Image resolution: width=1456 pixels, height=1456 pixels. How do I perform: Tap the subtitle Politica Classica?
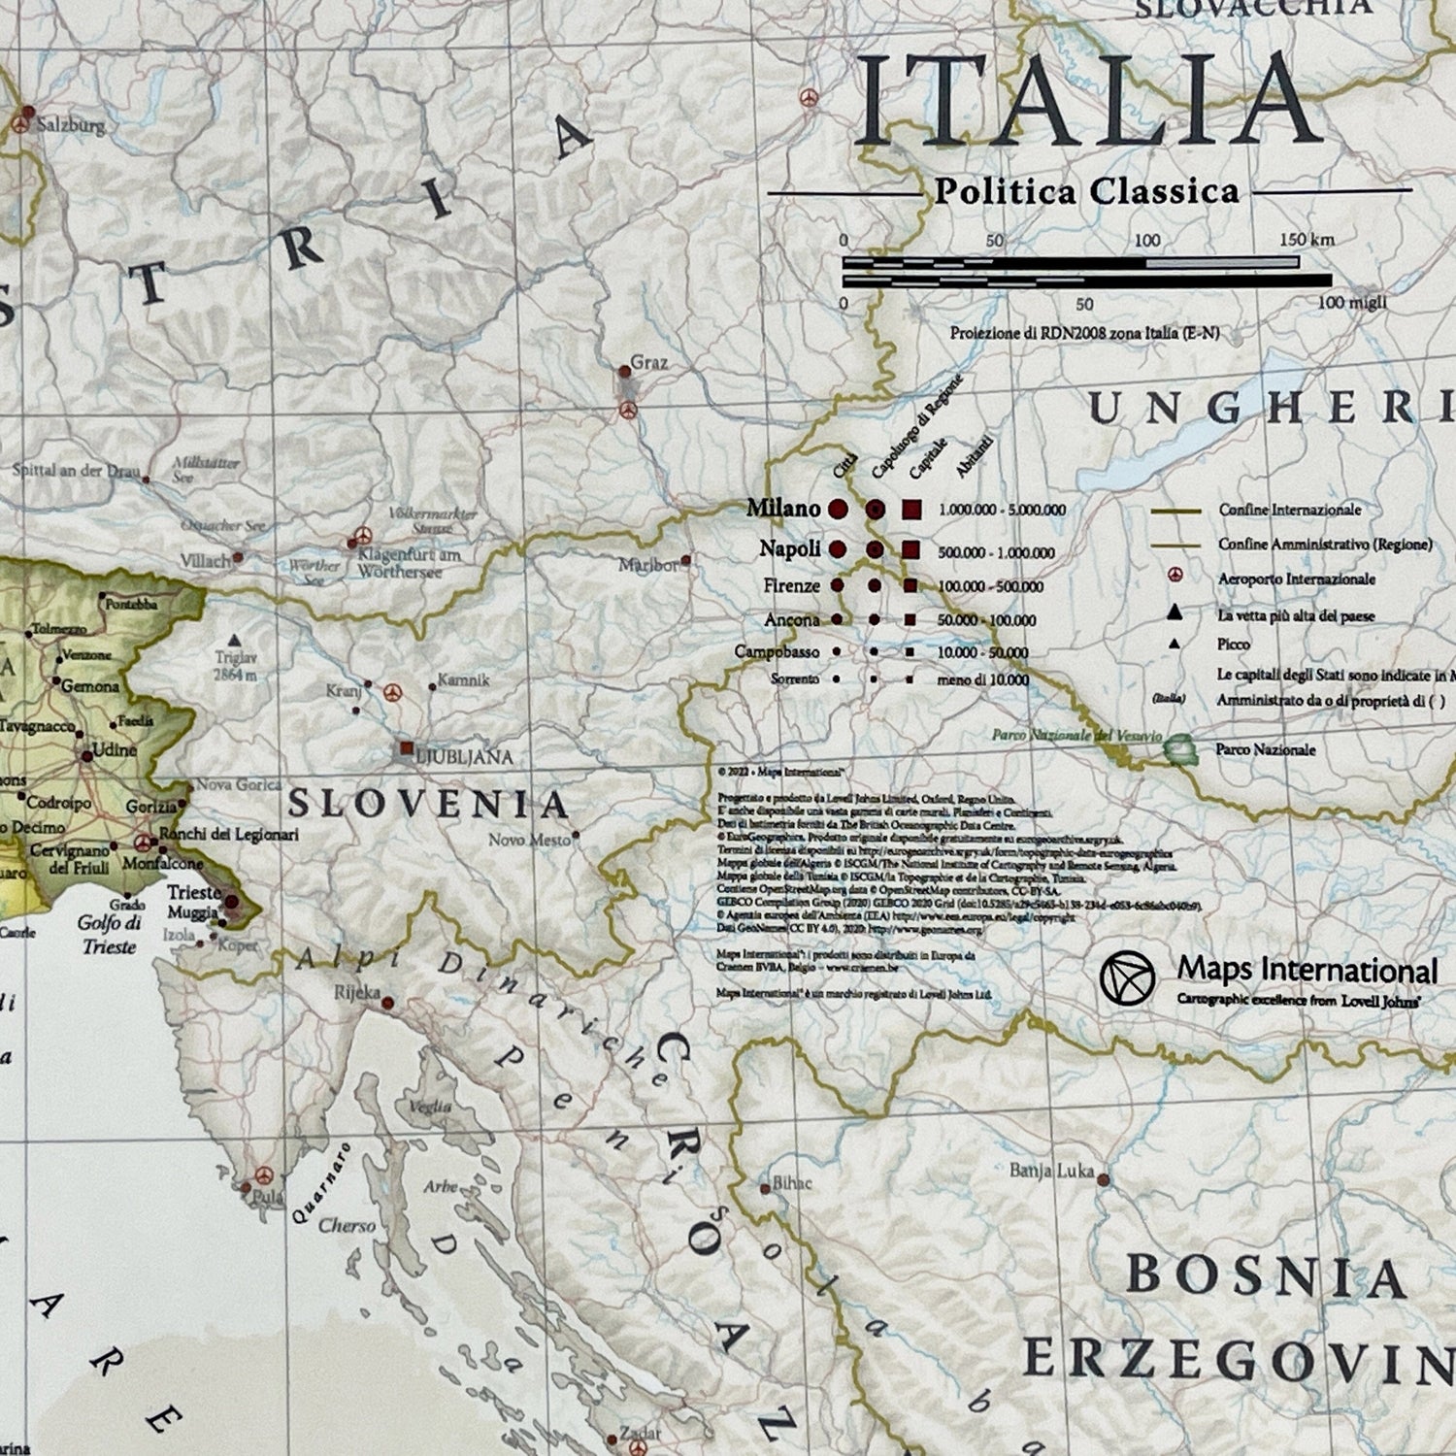coord(1086,191)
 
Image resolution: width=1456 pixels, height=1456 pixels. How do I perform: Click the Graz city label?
coord(648,362)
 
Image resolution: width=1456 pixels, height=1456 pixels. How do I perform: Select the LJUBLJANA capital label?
coord(464,756)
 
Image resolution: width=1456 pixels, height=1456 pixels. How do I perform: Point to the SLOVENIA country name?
coord(428,804)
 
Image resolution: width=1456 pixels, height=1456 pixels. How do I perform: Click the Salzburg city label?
coord(70,125)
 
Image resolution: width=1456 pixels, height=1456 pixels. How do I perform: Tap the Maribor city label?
coord(648,564)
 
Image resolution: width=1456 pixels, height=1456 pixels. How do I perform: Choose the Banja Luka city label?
coord(1051,1171)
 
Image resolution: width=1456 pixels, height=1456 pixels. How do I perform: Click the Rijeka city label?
coord(356,992)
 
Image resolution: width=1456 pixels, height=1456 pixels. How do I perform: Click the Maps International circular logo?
coord(1127,977)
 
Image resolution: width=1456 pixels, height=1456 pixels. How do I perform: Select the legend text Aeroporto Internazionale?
coord(1296,579)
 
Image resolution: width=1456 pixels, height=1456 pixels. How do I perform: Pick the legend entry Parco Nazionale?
coord(1265,749)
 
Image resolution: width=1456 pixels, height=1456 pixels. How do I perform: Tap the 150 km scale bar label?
coord(1306,240)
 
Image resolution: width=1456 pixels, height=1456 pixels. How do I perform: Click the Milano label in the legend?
coord(782,508)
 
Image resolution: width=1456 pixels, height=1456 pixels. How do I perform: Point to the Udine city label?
coord(115,749)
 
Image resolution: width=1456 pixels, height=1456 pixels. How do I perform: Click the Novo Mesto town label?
coord(529,840)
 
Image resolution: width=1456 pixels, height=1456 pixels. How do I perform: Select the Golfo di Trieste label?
coord(109,934)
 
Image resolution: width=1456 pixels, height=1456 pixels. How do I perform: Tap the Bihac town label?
coord(791,1183)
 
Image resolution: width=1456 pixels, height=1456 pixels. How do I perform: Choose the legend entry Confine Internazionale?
coord(1289,510)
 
